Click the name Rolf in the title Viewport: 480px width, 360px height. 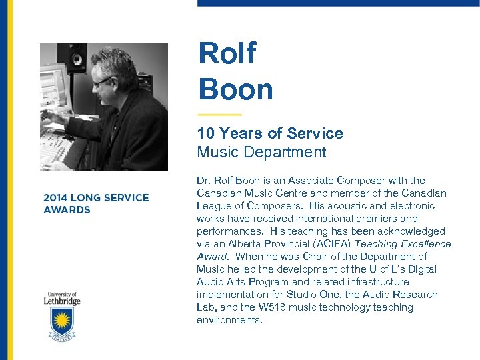(x=227, y=54)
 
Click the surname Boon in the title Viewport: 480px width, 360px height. (x=235, y=89)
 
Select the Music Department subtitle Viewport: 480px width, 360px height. (x=261, y=152)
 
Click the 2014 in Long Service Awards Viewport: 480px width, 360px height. (x=56, y=197)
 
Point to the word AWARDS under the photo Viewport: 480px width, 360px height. (x=67, y=210)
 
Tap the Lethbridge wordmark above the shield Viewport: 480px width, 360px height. (x=63, y=301)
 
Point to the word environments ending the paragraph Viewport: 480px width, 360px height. (x=229, y=320)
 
